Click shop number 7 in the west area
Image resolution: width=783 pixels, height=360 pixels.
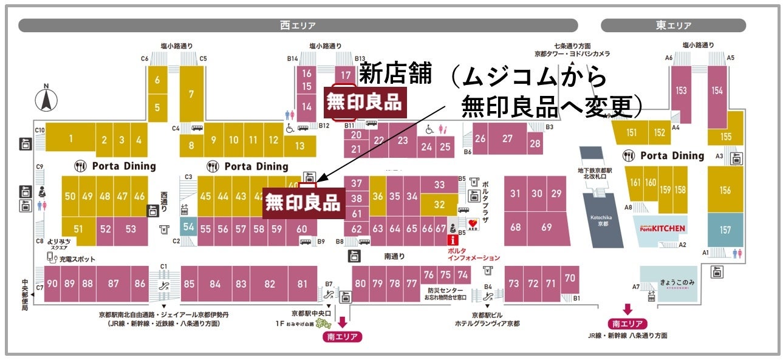(191, 94)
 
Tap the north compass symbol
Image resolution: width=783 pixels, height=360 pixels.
(44, 100)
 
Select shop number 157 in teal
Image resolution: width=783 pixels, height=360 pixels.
(725, 230)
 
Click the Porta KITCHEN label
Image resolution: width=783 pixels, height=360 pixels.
(662, 228)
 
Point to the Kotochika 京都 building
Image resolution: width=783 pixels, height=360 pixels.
(603, 220)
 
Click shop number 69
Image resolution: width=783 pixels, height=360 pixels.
(546, 227)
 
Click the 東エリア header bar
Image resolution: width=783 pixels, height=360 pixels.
(673, 25)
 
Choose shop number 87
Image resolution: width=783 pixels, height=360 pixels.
(113, 284)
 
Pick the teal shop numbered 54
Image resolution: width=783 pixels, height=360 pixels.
(189, 226)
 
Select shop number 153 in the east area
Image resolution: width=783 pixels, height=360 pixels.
(681, 90)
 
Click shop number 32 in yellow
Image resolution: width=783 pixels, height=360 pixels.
(439, 205)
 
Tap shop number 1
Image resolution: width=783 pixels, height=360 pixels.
(70, 139)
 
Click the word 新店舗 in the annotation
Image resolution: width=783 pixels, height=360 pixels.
(395, 74)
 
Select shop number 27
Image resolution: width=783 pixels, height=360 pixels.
(507, 138)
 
